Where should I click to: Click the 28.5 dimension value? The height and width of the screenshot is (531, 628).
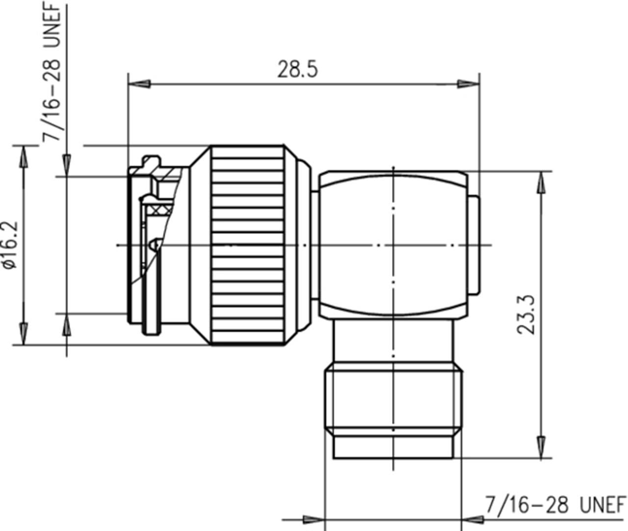pos(297,69)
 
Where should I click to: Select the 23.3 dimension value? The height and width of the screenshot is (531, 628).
pos(526,315)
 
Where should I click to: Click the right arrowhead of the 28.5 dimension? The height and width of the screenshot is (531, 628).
pos(468,84)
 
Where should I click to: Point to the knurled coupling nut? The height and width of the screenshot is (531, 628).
pos(248,245)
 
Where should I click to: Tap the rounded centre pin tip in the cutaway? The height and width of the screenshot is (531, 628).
pos(157,244)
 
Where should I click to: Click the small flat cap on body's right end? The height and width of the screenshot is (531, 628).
pos(473,245)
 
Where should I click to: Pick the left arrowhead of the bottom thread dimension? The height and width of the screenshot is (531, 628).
pos(312,519)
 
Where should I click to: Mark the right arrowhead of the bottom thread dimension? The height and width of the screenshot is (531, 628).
pos(473,519)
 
